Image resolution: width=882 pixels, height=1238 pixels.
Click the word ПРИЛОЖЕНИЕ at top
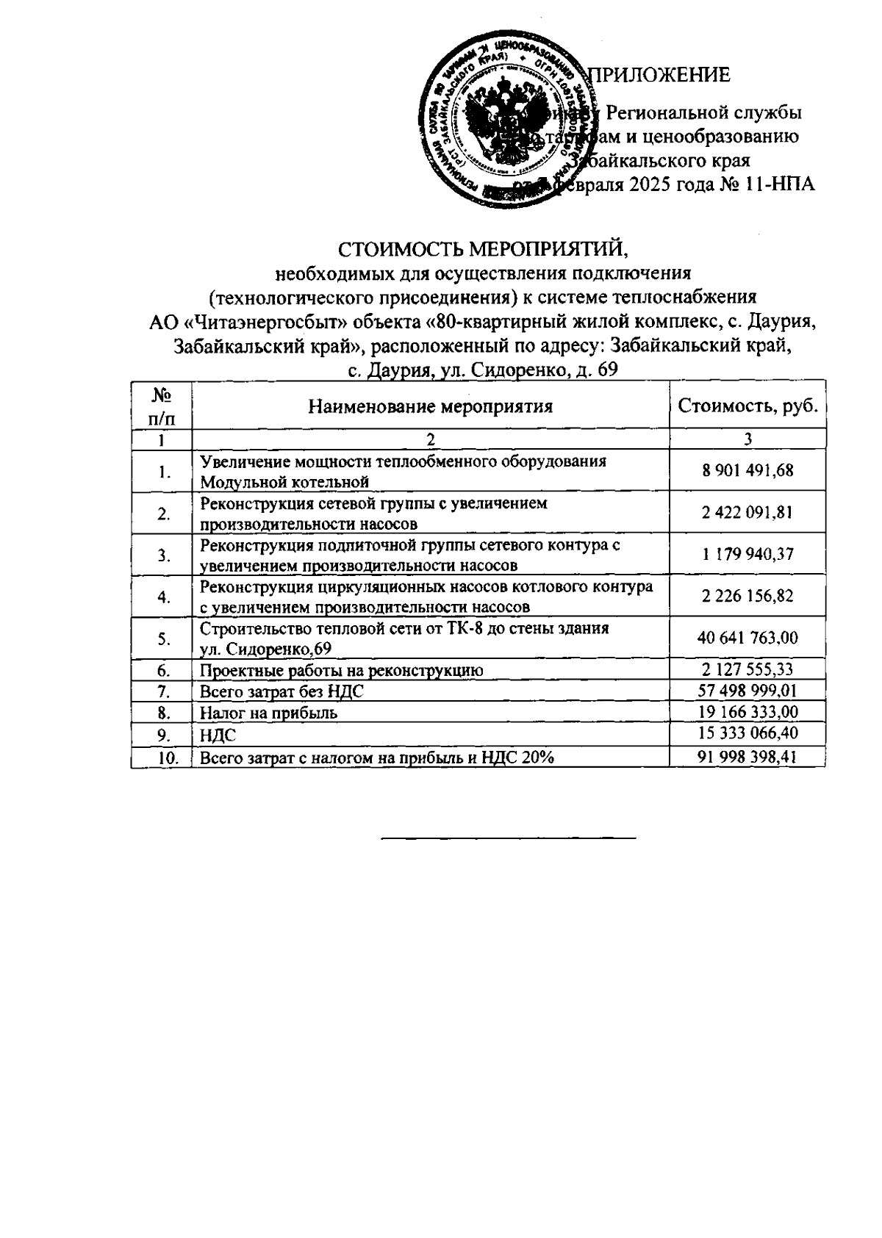pos(661,74)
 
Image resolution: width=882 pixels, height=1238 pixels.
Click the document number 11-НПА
pos(778,184)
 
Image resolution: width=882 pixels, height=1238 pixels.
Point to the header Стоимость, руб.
pos(747,406)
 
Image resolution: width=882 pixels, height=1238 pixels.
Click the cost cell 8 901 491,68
pos(747,470)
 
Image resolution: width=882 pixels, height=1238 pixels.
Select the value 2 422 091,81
pos(747,512)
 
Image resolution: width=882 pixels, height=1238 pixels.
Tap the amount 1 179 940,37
pos(747,554)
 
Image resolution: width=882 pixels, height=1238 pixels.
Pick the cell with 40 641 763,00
pos(747,638)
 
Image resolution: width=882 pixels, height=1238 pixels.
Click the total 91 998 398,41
pos(747,757)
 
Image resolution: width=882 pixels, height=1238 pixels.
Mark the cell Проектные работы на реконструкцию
pos(341,671)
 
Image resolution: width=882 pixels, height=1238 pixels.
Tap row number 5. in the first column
pos(162,638)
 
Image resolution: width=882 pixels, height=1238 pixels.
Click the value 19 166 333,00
pos(747,713)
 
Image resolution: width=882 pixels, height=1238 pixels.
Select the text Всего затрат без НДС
pos(282,692)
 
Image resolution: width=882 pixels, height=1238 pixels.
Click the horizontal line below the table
pos(509,838)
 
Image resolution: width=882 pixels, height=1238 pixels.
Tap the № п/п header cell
pos(162,406)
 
